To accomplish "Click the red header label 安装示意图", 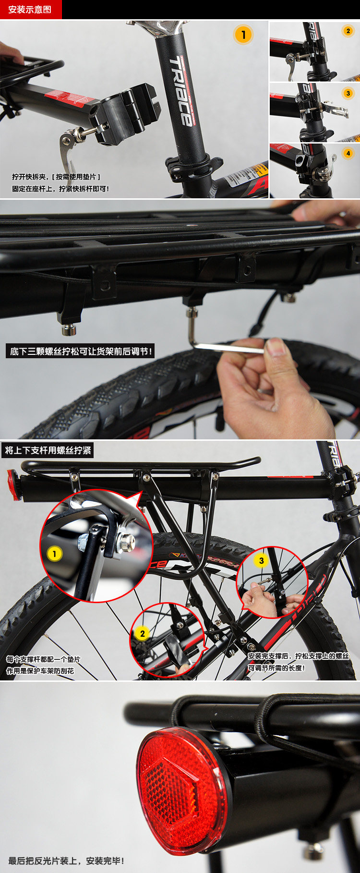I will pos(30,10).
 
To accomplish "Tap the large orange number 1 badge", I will pos(243,35).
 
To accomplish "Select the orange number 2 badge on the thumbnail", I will pos(348,31).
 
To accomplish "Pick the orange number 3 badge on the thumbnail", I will pos(348,93).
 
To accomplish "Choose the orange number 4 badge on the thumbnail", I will pos(348,154).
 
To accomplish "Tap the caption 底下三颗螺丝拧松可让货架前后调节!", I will pos(81,352).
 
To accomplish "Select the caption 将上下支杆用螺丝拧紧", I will pos(48,450).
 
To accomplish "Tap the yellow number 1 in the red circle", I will pos(55,554).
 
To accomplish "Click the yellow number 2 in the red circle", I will pos(142,633).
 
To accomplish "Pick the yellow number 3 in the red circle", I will pos(261,560).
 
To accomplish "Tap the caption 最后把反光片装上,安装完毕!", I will pos(66,861).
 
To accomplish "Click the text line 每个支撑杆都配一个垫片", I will pos(43,659).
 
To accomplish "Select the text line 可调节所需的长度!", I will pos(276,667).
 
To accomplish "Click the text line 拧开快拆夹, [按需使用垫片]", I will pos(56,177).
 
